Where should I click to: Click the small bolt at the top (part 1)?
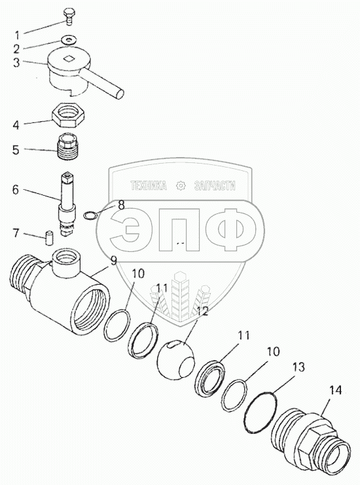tap(68, 16)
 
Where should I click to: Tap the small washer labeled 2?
tap(68, 39)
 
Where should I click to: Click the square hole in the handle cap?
tap(68, 58)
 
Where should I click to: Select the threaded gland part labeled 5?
tap(68, 147)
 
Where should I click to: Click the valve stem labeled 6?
tap(67, 204)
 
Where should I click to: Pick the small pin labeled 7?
tap(49, 238)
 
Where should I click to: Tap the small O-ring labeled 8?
tap(90, 215)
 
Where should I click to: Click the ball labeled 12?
tap(175, 358)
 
